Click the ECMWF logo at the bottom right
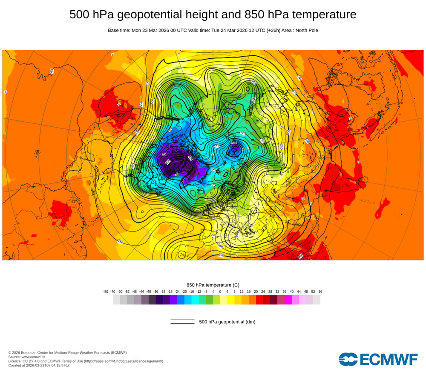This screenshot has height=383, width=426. tap(378, 359)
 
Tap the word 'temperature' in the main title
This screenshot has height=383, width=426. tap(322, 14)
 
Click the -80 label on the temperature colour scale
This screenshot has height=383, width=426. tap(106, 292)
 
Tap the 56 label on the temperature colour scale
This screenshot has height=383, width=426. tap(320, 292)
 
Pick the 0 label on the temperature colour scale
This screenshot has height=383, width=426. tap(220, 292)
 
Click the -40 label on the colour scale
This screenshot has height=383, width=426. tap(149, 292)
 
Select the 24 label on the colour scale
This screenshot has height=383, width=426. tap(263, 292)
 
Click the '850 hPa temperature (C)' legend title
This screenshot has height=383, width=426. tap(213, 285)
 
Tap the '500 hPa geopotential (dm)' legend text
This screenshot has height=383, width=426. tap(227, 322)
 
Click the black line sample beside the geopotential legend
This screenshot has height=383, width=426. tap(182, 322)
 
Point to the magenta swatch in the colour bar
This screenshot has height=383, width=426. tap(288, 300)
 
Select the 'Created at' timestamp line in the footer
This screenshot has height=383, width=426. tap(39, 365)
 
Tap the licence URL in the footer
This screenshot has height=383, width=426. tap(123, 361)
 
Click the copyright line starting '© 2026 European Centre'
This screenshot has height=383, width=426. tap(67, 352)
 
